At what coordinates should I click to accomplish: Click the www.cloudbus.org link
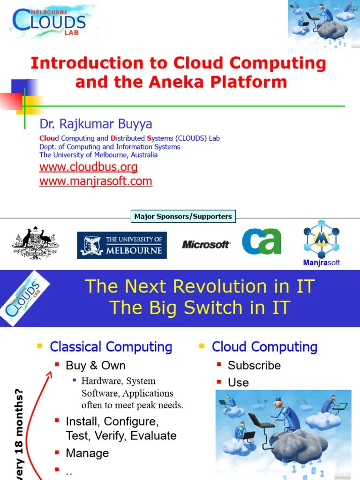89,167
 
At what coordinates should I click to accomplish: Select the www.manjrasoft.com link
96,181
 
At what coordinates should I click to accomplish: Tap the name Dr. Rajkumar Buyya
96,124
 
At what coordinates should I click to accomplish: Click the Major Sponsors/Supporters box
183,216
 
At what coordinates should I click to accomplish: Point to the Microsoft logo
206,244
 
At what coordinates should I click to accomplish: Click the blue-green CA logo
262,241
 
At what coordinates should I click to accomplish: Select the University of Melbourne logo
121,245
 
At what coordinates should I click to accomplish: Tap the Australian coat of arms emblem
35,242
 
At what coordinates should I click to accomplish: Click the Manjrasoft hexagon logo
321,240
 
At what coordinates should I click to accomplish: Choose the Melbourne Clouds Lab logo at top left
49,21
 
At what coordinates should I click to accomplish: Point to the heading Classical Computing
111,347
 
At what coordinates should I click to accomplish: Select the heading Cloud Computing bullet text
264,347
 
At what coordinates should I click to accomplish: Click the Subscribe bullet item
254,366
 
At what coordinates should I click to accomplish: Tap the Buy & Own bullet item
96,366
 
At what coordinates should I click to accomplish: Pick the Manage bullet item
87,453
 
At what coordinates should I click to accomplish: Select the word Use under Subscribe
238,382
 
